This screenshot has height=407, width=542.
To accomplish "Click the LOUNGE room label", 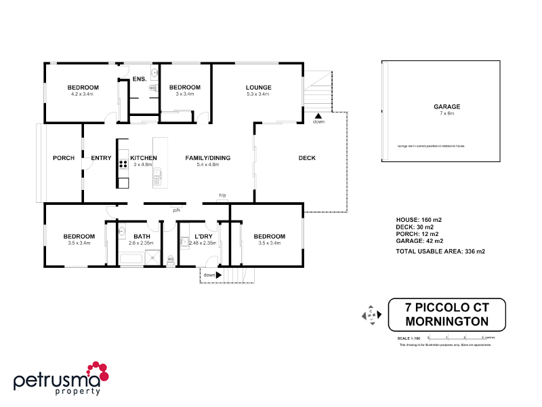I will tap(259, 88).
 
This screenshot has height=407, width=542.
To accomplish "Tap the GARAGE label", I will tap(447, 107).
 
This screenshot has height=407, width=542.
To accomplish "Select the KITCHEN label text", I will tap(144, 158).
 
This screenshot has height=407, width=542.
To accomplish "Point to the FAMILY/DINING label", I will tap(208, 158).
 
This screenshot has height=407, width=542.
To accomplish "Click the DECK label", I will tap(307, 158).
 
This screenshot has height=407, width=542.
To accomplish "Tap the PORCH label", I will tap(64, 158).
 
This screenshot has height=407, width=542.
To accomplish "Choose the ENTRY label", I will tap(101, 158).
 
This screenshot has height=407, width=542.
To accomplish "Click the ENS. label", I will tap(140, 79).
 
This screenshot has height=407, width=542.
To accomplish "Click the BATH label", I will tap(142, 236).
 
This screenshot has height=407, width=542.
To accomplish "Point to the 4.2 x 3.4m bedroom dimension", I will tap(83, 94).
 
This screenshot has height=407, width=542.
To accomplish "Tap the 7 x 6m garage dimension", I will tap(447, 114).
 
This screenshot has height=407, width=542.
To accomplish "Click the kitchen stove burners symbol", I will tap(123, 163).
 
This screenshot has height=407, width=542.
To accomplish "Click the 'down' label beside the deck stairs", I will tap(318, 121).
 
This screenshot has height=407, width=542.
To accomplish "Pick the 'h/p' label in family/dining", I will tap(222, 195).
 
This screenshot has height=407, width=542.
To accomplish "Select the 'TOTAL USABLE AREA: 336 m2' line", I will tap(440, 251).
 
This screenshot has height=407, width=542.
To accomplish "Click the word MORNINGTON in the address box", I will tap(447, 320).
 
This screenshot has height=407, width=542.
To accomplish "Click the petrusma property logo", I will tap(61, 379).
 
